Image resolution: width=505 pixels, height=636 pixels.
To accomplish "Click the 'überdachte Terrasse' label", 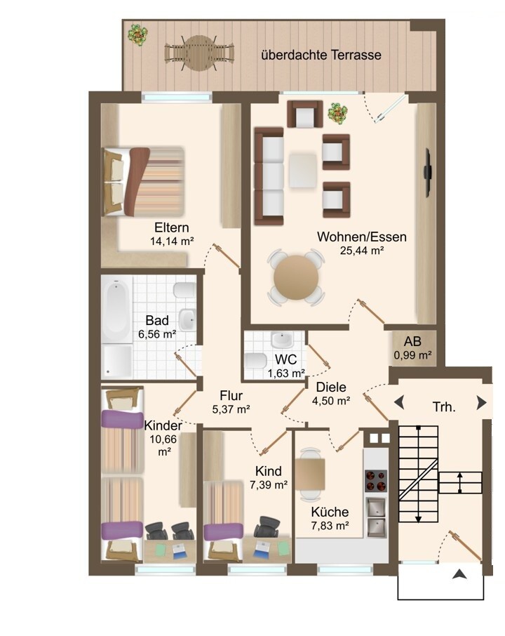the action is coord(321,55).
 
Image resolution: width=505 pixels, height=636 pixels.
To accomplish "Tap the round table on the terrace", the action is coord(198,53).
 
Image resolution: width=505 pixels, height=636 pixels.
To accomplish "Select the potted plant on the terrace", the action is coord(137,34).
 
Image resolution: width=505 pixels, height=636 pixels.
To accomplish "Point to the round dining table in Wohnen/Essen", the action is coord(296,277).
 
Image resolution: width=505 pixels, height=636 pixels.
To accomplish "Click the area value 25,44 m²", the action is coord(362,251).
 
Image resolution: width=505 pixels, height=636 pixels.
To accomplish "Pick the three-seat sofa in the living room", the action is coord(269,176).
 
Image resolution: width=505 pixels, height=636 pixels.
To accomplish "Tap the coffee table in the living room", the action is coord(303,171).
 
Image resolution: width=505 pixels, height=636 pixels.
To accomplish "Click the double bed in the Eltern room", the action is coord(144,181).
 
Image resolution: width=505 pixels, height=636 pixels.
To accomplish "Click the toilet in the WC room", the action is coord(256,360).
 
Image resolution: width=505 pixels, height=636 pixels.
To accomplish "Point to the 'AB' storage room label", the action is coord(412,341).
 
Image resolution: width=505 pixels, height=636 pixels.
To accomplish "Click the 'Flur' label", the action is coord(231,395).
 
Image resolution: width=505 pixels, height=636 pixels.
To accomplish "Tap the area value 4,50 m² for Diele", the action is coord(331,401).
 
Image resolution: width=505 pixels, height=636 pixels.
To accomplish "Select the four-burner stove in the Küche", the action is coord(376,481).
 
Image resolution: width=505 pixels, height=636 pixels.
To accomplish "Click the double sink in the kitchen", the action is coord(376,517).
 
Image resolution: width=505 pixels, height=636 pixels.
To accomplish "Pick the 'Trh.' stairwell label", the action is coord(444,406).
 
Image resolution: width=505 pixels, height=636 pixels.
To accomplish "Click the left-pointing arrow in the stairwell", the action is coord(399,403).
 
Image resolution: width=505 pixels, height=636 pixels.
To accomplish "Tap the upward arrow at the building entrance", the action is coord(459,574).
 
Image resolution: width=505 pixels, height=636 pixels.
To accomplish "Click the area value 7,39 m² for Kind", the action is coord(269,484).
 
